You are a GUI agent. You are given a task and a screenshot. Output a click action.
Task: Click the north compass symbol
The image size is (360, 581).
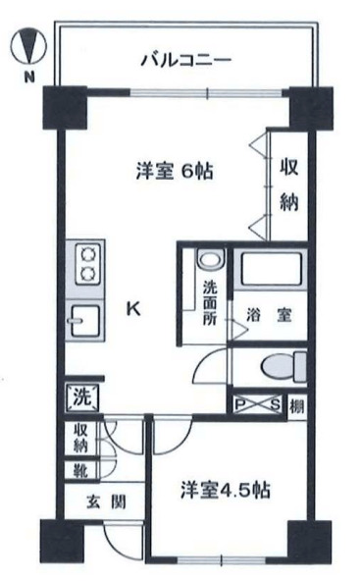(x=27, y=45)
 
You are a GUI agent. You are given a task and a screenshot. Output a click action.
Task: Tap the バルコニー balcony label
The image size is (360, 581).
(x=183, y=60)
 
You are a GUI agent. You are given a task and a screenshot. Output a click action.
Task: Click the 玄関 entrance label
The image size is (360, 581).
(x=89, y=502)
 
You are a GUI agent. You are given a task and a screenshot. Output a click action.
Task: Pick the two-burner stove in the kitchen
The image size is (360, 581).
(x=86, y=262)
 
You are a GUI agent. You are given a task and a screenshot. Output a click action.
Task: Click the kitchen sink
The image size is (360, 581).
(x=85, y=321)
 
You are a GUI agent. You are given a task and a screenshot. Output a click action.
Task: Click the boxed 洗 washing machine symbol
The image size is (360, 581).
(x=81, y=397)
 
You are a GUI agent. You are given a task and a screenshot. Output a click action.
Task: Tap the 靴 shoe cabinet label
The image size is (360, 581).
(x=80, y=470)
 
